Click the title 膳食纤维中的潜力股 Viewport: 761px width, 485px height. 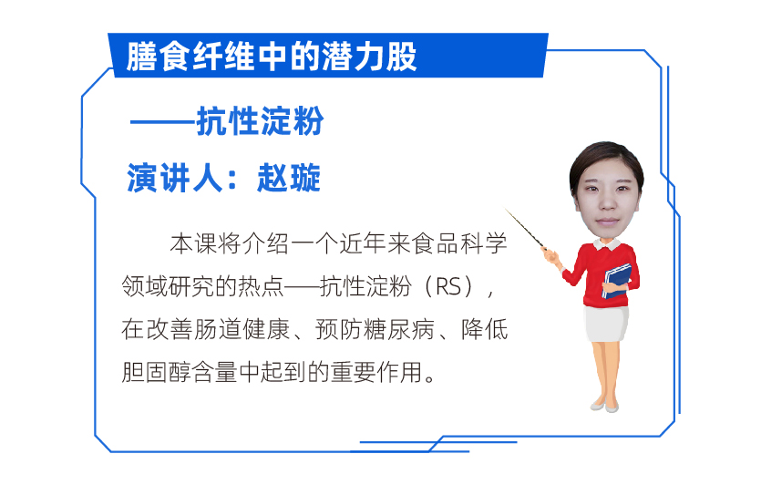272,57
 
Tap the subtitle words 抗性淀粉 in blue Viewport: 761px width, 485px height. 260,121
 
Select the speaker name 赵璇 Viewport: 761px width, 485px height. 289,178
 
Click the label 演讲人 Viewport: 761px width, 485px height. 175,178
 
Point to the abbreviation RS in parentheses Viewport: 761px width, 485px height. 448,286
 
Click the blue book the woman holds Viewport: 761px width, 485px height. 616,281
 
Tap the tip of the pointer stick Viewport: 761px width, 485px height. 506,210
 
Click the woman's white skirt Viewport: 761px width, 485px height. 606,323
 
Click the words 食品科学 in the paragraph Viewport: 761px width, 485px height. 459,243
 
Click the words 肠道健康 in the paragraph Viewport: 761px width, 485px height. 242,330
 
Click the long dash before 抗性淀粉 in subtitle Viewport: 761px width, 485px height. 163,122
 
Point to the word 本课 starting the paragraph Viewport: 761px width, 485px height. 193,243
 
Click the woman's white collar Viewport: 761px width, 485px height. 608,243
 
